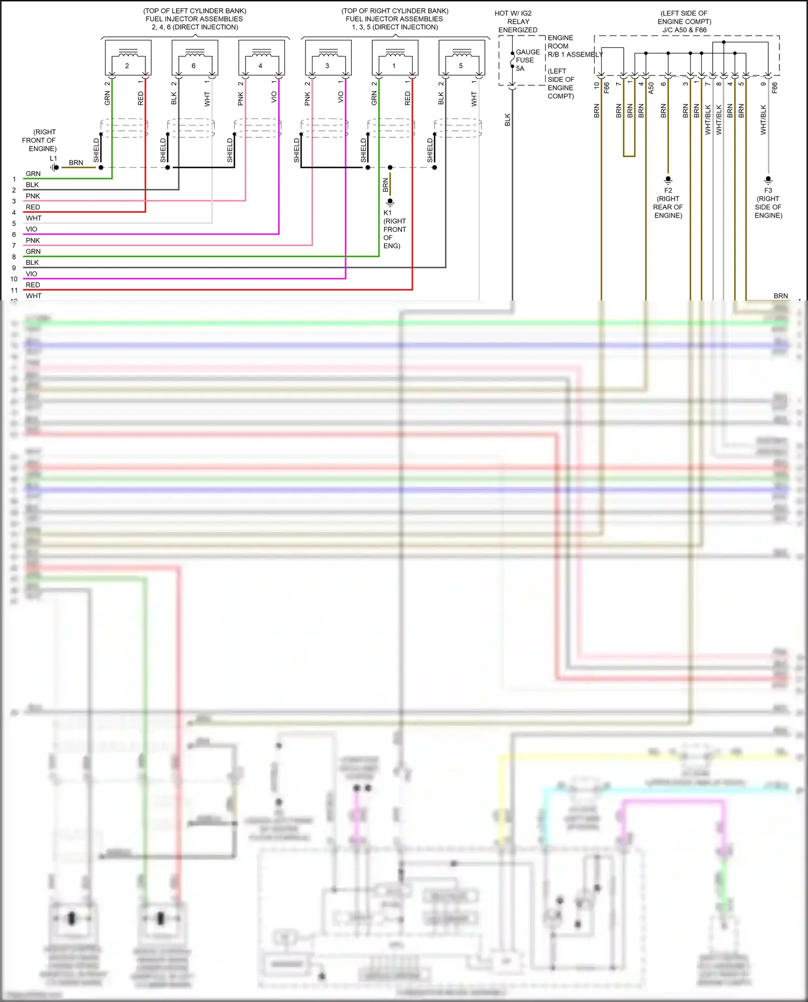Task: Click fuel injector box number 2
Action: tap(128, 58)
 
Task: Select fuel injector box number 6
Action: tap(194, 58)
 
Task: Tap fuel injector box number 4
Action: tap(261, 58)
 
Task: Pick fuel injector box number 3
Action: tap(328, 58)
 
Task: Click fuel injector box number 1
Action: tap(395, 58)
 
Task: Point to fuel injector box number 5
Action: tap(462, 58)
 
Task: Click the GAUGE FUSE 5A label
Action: tap(527, 60)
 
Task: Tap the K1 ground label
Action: tap(387, 213)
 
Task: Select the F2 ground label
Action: tap(668, 191)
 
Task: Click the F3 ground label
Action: tap(768, 191)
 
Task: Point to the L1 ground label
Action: tap(53, 159)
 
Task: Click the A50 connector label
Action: tap(651, 88)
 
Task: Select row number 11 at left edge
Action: tap(14, 290)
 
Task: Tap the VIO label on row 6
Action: tap(32, 229)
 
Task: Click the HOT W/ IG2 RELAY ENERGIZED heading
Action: tap(517, 22)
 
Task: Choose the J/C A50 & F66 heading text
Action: tap(684, 30)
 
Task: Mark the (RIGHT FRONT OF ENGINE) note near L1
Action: tap(40, 140)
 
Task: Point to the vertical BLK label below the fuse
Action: tap(507, 120)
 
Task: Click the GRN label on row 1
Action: tap(33, 174)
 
